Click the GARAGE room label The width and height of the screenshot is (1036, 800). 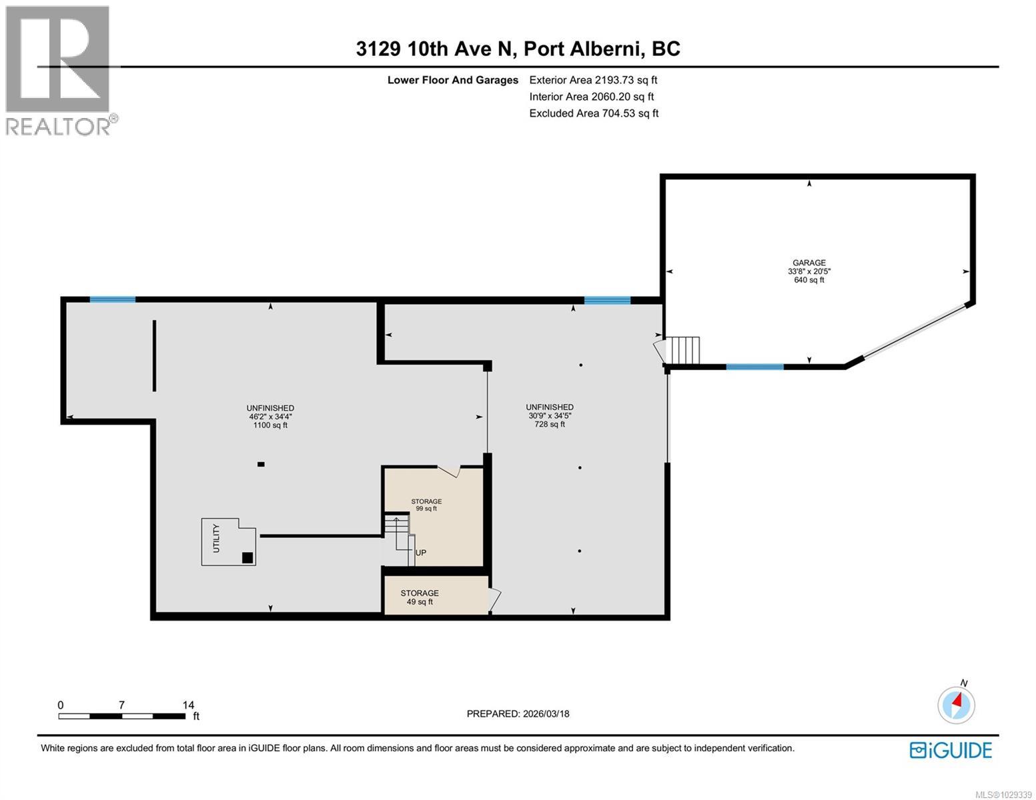tap(809, 263)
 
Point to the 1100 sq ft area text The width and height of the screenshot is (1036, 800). tap(270, 425)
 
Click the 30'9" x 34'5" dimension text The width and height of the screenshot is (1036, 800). tap(549, 415)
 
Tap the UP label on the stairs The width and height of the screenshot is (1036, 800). tap(421, 553)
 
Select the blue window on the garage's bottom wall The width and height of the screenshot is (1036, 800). tap(754, 367)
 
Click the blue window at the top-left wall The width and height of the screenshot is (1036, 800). tap(113, 299)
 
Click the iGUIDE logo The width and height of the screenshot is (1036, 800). tap(951, 750)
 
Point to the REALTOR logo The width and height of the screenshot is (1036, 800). tap(59, 70)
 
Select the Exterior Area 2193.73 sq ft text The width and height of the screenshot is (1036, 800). tap(593, 80)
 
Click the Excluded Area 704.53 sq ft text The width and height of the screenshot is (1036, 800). tap(594, 113)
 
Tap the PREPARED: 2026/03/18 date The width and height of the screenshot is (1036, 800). tap(518, 714)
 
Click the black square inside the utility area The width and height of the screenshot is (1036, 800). tap(247, 558)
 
